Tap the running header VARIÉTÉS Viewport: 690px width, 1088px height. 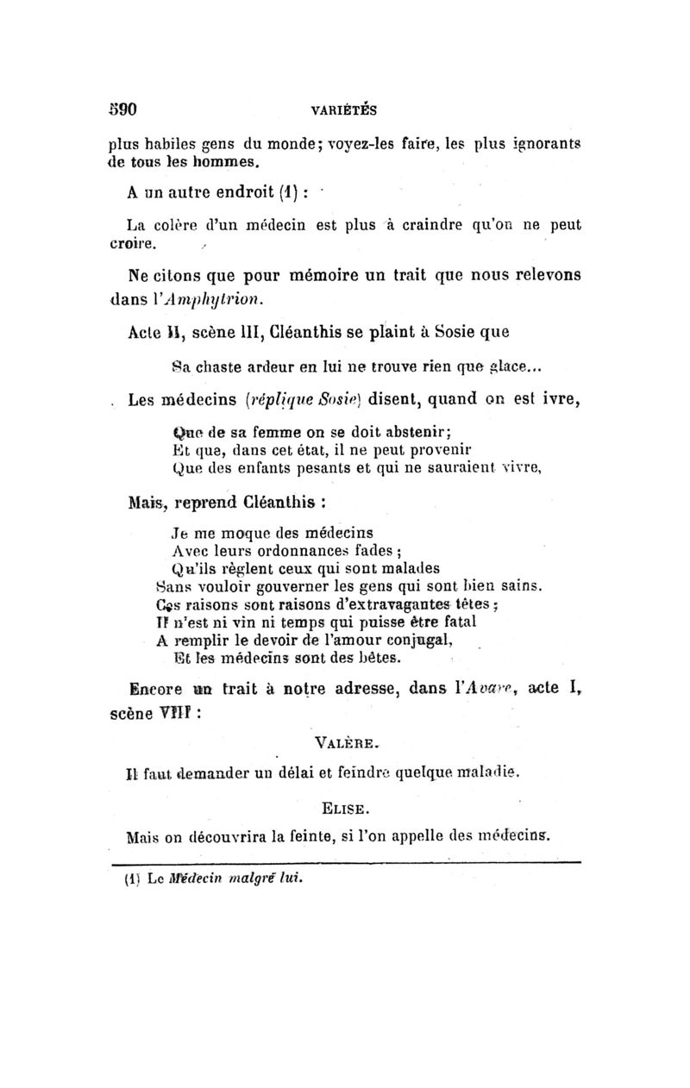344,110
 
